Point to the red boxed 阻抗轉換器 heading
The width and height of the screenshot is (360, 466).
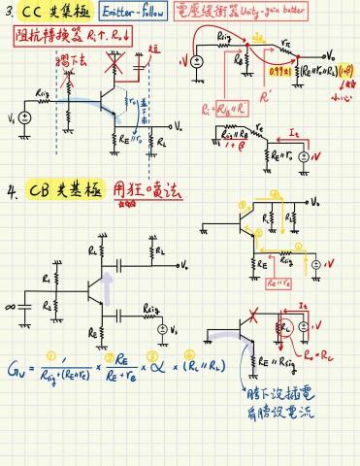tap(44, 35)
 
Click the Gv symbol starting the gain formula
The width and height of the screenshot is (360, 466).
tap(16, 366)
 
